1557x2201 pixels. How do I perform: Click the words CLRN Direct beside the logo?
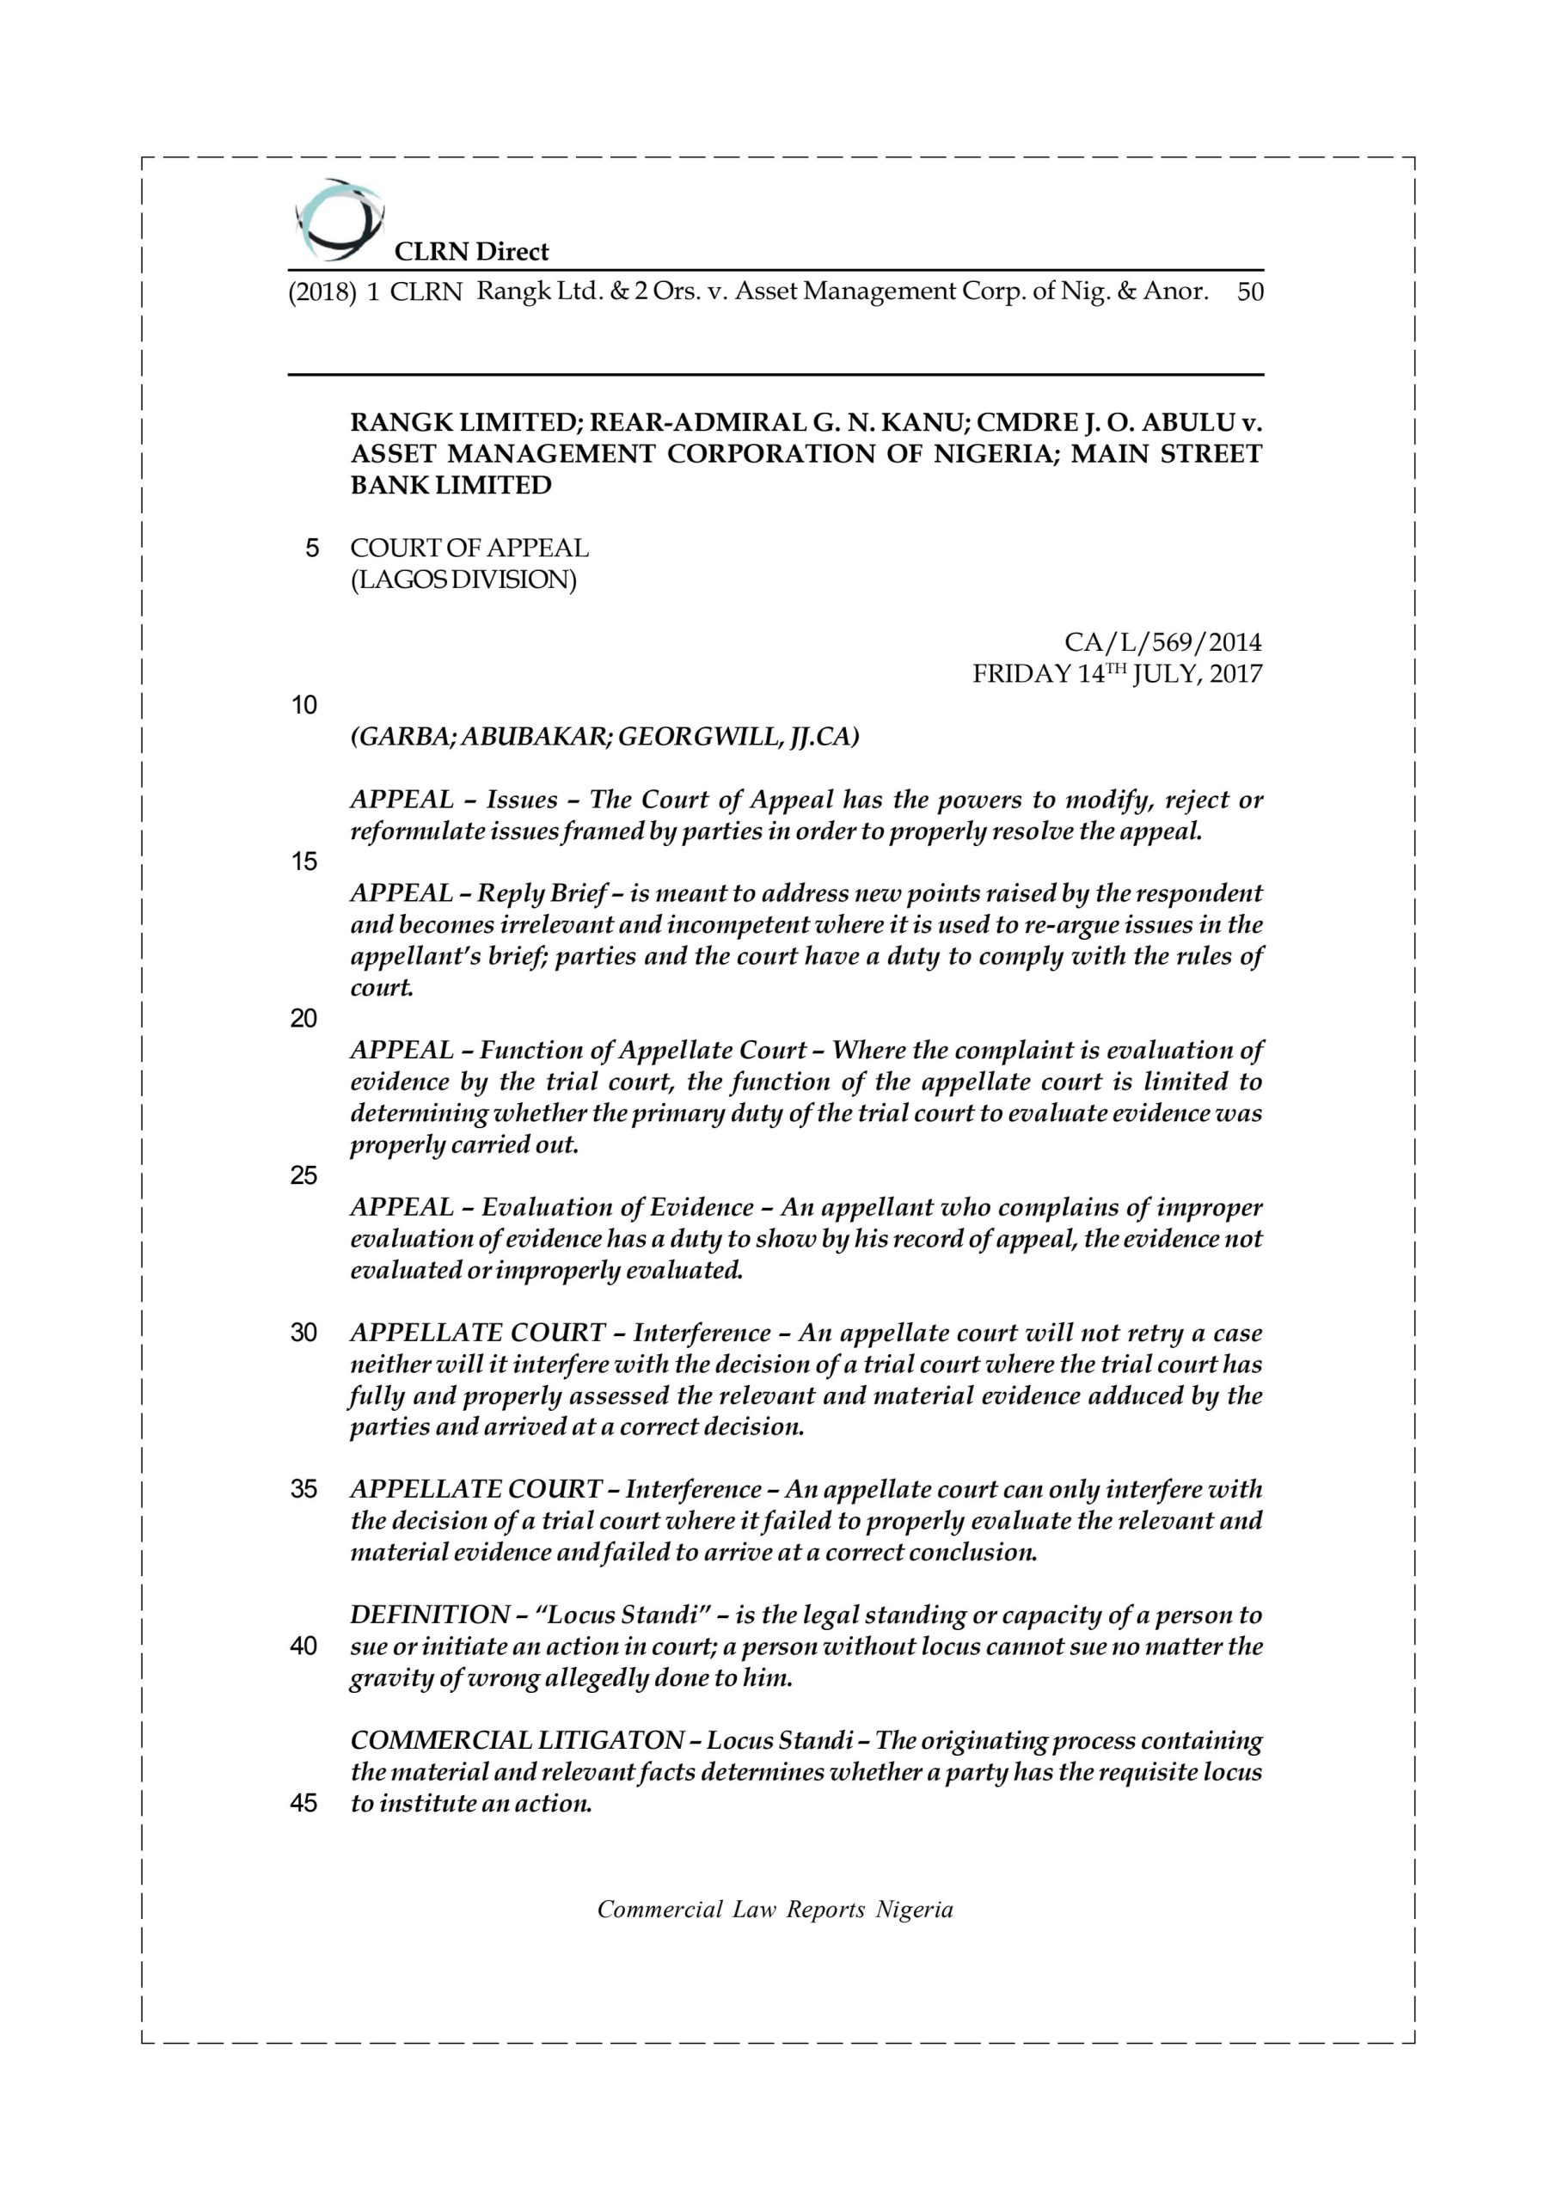point(472,252)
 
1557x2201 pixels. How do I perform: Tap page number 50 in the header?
point(1250,291)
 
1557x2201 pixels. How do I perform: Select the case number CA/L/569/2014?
point(1163,641)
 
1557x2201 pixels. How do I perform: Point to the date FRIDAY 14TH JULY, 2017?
point(1117,674)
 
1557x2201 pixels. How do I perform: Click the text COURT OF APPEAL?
point(469,549)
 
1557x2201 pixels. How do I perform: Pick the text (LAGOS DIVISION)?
point(463,580)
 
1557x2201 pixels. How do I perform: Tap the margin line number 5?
point(311,549)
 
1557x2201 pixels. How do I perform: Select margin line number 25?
point(304,1175)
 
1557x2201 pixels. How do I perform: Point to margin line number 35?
point(304,1489)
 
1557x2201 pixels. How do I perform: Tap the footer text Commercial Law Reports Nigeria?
point(775,1910)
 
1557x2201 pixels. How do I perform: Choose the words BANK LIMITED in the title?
point(451,485)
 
